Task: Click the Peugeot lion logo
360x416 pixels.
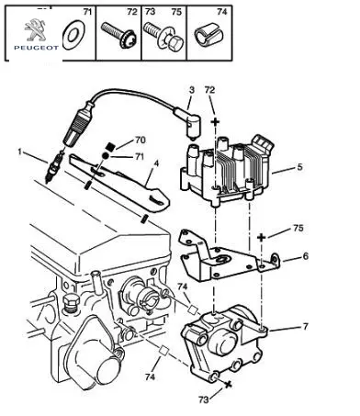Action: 35,30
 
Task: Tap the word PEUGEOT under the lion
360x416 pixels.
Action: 36,48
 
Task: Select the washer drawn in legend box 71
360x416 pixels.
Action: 73,35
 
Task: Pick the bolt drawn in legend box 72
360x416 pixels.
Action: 118,35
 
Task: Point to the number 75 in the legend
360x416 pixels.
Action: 176,12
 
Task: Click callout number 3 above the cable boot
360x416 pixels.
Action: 192,90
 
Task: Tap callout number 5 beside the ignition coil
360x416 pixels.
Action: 299,167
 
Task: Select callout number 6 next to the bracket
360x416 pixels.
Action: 306,256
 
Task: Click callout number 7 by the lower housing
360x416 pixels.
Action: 305,327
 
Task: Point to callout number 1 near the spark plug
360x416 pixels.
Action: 20,152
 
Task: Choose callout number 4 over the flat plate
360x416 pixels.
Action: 156,163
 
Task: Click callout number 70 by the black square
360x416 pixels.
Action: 141,141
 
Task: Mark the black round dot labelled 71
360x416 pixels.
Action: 106,156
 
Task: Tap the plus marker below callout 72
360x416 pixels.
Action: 216,122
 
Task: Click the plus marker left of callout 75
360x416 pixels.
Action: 261,237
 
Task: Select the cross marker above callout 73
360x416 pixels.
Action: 228,385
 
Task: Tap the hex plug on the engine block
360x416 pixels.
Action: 70,303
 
